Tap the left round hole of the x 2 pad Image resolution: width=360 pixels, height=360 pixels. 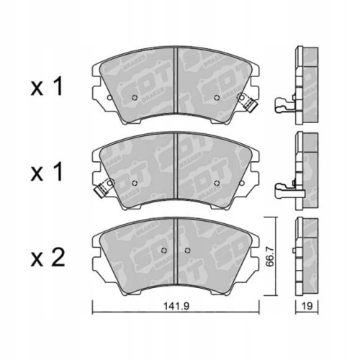[164, 251]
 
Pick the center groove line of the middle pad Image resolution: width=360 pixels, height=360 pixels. [176, 166]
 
